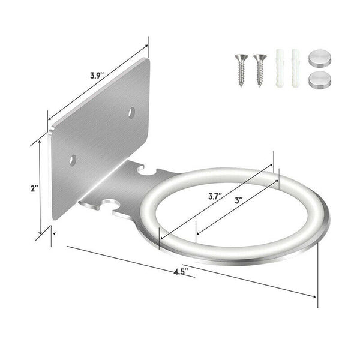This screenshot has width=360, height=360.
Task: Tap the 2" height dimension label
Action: click(34, 188)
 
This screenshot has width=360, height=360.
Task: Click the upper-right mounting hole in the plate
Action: click(132, 112)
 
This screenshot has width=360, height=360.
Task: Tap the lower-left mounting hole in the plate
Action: click(73, 160)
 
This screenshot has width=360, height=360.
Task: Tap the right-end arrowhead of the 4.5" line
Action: click(314, 296)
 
